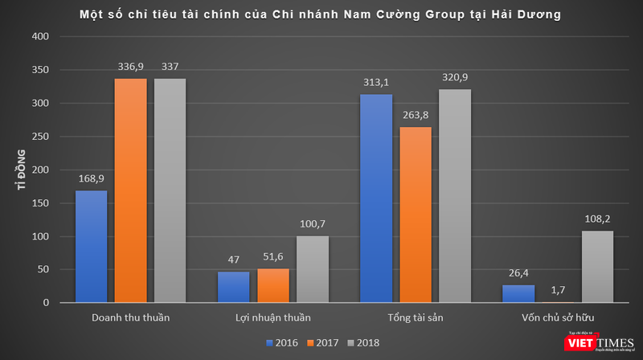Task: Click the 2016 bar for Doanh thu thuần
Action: pyautogui.click(x=91, y=246)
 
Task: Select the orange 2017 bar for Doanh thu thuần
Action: pyautogui.click(x=130, y=190)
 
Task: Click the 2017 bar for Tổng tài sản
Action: pyautogui.click(x=416, y=215)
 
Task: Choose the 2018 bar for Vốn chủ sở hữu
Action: pyautogui.click(x=597, y=267)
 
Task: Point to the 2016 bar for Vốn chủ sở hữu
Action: pyautogui.click(x=518, y=293)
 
